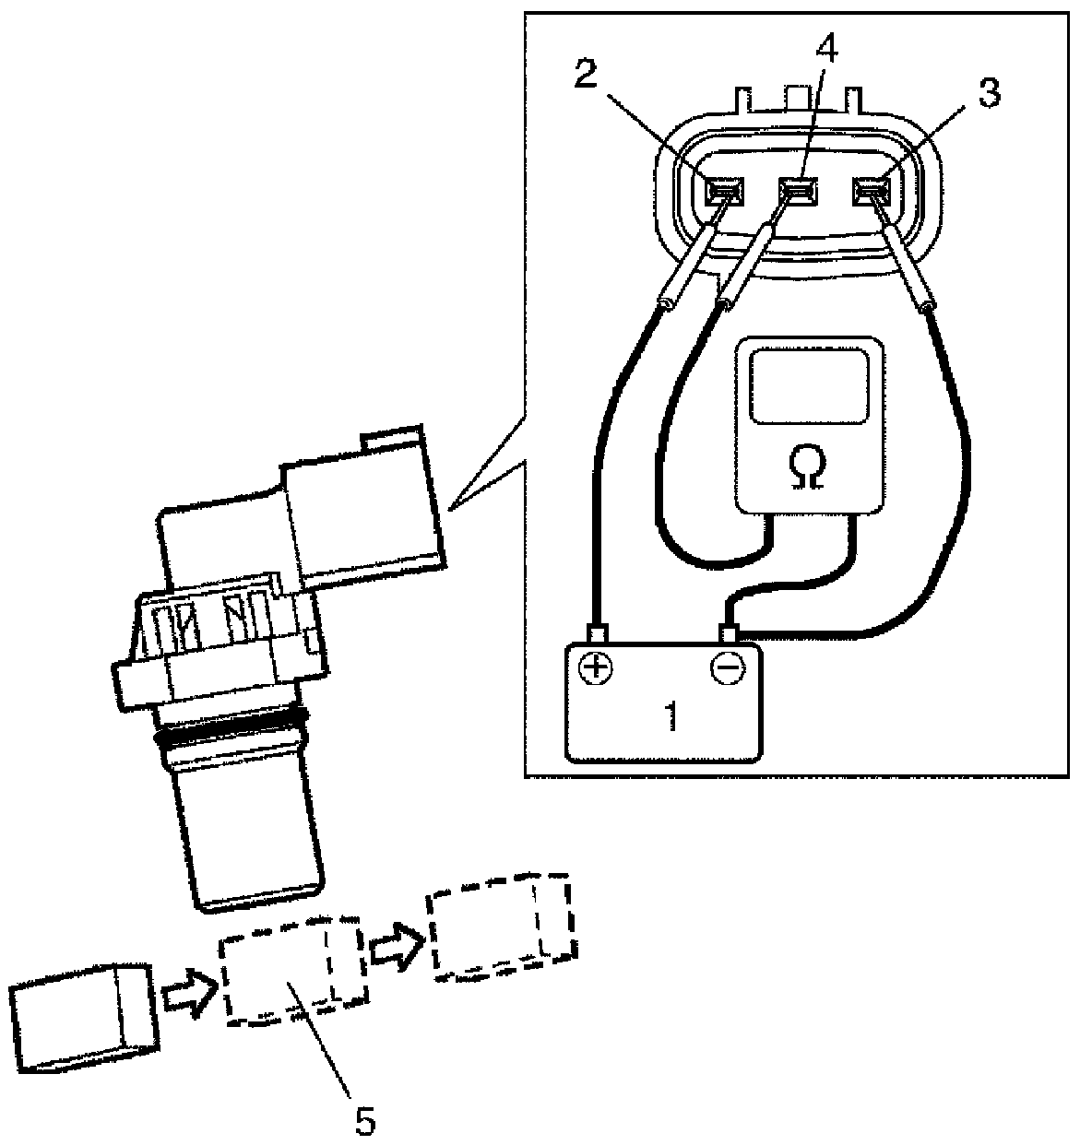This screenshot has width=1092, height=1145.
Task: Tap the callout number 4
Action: pyautogui.click(x=826, y=48)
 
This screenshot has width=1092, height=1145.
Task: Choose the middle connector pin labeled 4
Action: pyautogui.click(x=798, y=192)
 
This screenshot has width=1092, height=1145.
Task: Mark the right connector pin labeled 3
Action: pyautogui.click(x=872, y=192)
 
